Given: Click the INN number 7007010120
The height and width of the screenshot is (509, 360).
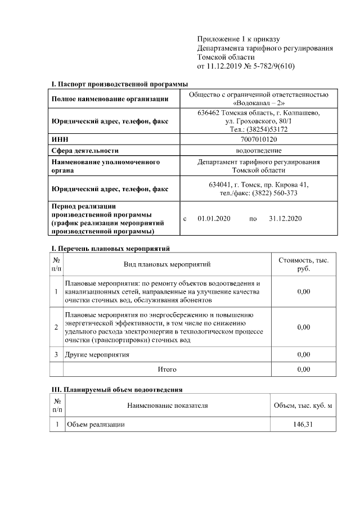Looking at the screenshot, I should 259,139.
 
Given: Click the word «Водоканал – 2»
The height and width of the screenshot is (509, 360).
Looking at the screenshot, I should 259,103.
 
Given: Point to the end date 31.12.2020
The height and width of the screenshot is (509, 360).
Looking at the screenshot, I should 286,218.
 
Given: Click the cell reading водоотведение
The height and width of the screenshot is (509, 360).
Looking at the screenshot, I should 259,150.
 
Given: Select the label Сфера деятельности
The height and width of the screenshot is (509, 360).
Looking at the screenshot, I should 85,151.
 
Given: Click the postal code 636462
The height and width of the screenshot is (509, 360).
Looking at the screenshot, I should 209,112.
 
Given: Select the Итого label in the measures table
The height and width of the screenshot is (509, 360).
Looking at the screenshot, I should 166,370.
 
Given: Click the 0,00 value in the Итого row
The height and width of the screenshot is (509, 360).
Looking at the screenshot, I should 303,370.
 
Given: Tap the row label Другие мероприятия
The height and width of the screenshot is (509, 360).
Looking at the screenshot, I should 98,355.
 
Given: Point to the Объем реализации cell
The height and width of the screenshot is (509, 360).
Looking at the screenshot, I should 96,424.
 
